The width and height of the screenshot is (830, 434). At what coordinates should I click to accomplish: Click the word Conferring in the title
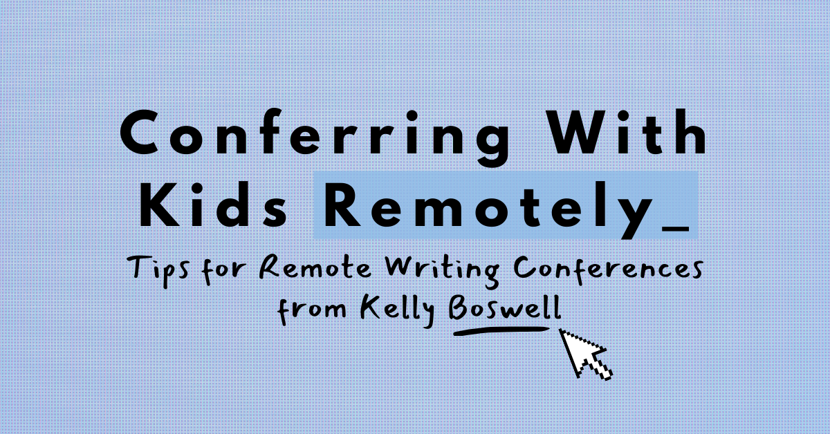tap(315, 138)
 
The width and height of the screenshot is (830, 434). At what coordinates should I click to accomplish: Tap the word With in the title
tap(627, 132)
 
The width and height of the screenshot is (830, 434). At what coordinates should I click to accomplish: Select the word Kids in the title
tap(213, 205)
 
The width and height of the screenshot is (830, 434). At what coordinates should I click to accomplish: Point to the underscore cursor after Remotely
tap(675, 229)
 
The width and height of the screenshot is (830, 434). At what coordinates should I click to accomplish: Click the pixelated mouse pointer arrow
tap(585, 354)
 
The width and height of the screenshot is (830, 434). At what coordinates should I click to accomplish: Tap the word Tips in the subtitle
tap(158, 270)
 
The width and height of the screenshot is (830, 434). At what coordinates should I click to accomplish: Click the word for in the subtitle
tap(224, 270)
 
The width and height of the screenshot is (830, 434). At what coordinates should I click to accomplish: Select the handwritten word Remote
tap(315, 267)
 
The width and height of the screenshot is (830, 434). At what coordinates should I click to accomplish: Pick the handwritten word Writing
tap(442, 270)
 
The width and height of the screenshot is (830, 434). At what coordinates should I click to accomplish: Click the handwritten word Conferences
tap(608, 267)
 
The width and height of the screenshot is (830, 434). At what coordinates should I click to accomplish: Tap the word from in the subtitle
tap(312, 310)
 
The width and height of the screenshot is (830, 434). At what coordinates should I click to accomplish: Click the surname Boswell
tap(505, 308)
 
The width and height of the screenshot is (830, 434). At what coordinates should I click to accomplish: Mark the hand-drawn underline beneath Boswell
tap(501, 331)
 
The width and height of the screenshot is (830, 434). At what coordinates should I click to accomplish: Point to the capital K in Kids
tap(159, 205)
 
